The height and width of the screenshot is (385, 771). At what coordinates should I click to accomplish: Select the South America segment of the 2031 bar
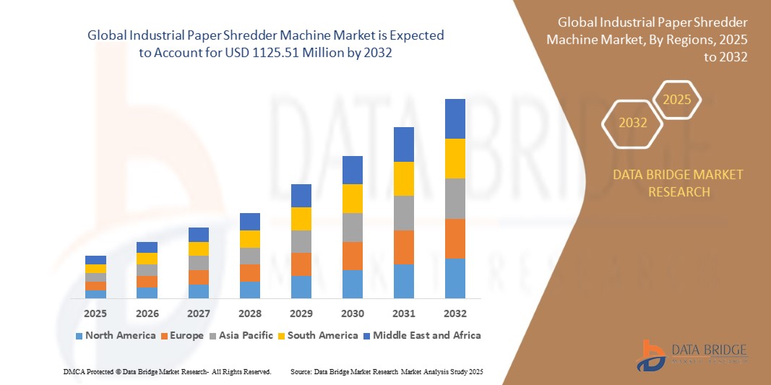pyautogui.click(x=403, y=178)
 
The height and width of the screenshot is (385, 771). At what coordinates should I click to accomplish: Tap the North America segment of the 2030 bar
pyautogui.click(x=352, y=284)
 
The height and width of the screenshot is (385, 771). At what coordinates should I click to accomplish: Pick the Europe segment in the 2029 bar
pyautogui.click(x=301, y=264)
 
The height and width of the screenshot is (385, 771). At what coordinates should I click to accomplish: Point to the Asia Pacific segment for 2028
pyautogui.click(x=249, y=256)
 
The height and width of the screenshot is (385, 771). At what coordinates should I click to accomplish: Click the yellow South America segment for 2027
pyautogui.click(x=198, y=248)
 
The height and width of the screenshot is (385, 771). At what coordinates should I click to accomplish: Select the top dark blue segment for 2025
pyautogui.click(x=95, y=260)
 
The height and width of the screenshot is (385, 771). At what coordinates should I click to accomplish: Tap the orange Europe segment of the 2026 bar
pyautogui.click(x=147, y=282)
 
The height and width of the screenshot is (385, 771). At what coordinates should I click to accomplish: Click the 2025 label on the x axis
pyautogui.click(x=95, y=313)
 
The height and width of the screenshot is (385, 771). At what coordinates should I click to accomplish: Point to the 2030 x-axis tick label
pyautogui.click(x=352, y=313)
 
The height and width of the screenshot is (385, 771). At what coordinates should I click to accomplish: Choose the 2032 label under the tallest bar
pyautogui.click(x=455, y=313)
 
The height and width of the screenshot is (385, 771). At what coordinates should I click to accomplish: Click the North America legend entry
pyautogui.click(x=115, y=335)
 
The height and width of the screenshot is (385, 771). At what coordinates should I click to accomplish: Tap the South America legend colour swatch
pyautogui.click(x=282, y=336)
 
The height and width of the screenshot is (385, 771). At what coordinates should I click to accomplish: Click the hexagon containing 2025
pyautogui.click(x=677, y=100)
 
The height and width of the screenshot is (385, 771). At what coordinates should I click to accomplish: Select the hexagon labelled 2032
pyautogui.click(x=632, y=123)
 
